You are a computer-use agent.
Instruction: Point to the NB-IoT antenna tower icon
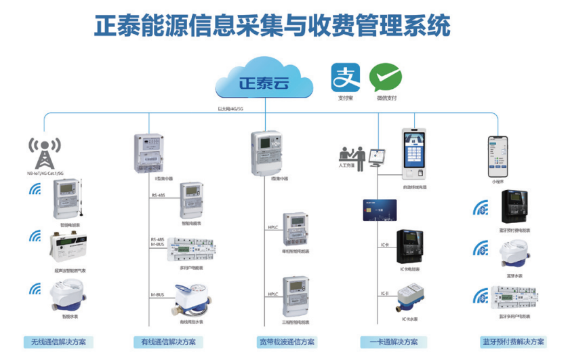pos(45,153)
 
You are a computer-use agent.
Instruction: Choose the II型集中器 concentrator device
pos(150,153)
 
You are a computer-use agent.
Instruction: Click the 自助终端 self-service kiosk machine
pos(415,153)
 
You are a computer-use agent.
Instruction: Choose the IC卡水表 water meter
pos(411,296)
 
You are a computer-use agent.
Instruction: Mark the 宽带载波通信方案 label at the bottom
pos(287,342)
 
